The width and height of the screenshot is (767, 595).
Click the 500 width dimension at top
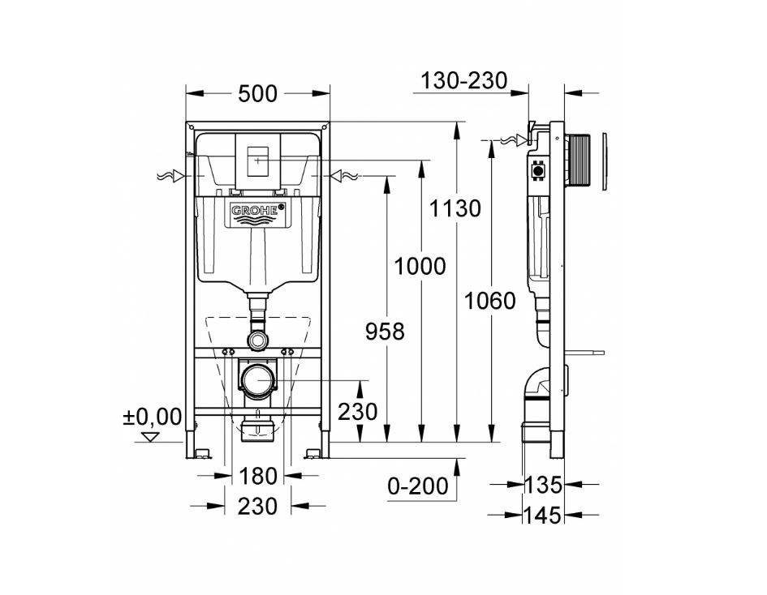pyautogui.click(x=257, y=95)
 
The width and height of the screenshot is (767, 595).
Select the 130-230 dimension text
pyautogui.click(x=463, y=81)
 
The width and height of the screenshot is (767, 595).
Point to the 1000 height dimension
pyautogui.click(x=420, y=266)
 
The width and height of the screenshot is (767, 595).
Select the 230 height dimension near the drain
pyautogui.click(x=357, y=412)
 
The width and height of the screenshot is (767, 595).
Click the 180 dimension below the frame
pyautogui.click(x=257, y=476)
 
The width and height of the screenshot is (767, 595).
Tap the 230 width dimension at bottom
pyautogui.click(x=257, y=507)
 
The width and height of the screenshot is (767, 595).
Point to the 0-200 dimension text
pyautogui.click(x=417, y=486)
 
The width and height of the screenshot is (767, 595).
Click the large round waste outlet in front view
pyautogui.click(x=258, y=380)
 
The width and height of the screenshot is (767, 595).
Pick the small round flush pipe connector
pyautogui.click(x=258, y=339)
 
